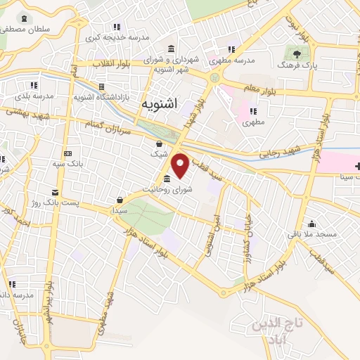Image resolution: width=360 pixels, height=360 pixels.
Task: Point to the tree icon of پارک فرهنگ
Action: pos(297,53)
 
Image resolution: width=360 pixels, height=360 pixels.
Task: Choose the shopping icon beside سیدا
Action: pos(120,200)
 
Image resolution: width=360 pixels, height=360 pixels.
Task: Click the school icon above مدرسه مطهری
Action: pos(231,49)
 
